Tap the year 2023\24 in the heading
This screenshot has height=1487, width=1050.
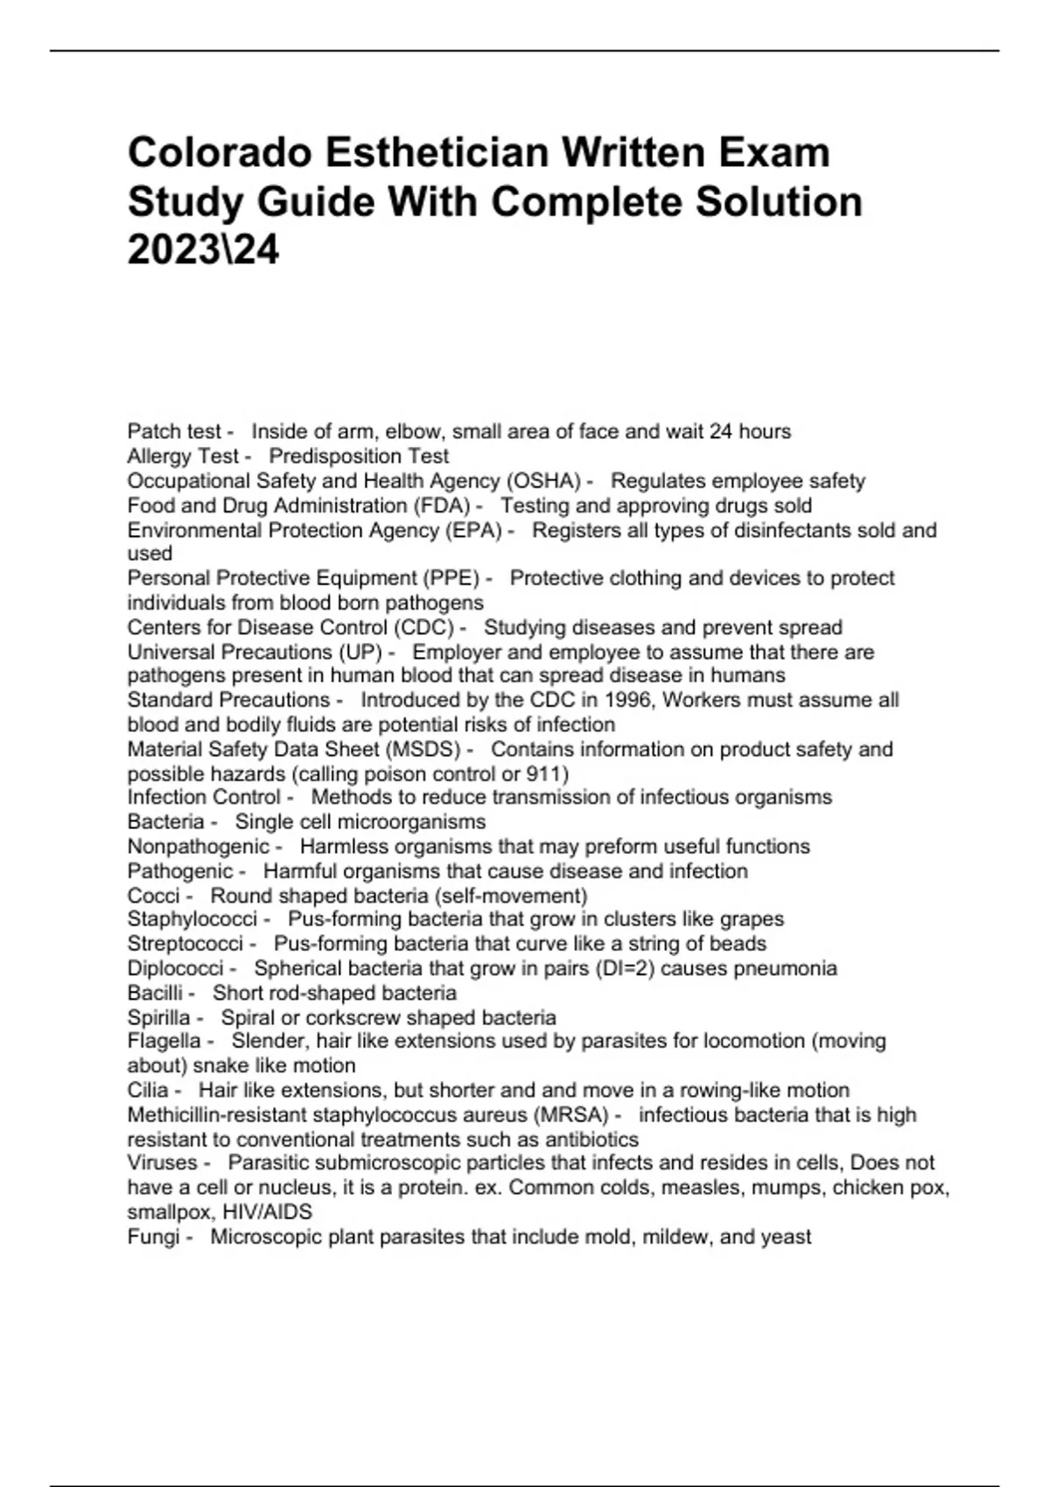click(x=203, y=251)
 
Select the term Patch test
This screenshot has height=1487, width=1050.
click(x=174, y=431)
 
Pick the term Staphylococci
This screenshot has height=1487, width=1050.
click(x=192, y=919)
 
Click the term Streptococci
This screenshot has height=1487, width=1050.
click(x=185, y=944)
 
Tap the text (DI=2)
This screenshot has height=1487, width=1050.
click(x=622, y=968)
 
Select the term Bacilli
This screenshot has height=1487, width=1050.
click(x=156, y=993)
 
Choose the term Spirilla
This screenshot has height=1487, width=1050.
click(x=158, y=1017)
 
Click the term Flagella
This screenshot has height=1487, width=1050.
click(x=164, y=1041)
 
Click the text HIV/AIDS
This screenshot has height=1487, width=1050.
click(x=267, y=1212)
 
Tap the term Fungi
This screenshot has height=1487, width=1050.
click(x=153, y=1237)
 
